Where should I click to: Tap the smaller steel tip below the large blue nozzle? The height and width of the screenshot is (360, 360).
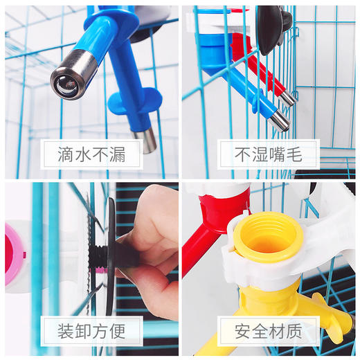(x=148, y=140)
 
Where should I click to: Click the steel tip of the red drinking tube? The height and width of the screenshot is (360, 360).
(x=287, y=99)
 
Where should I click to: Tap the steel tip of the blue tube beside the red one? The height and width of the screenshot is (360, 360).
(x=279, y=122)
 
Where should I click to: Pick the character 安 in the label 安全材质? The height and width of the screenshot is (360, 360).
(x=243, y=330)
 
